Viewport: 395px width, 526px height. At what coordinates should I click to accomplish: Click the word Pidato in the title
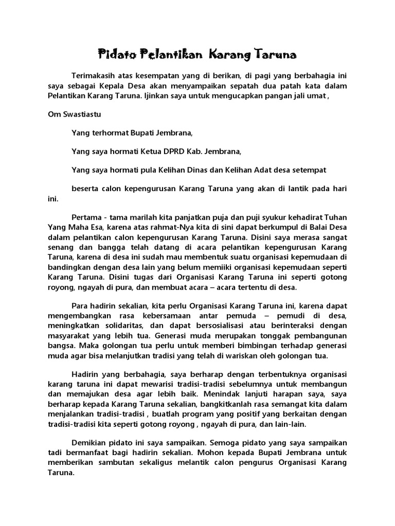pos(113,53)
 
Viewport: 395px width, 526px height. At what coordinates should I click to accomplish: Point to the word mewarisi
pos(157,384)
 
